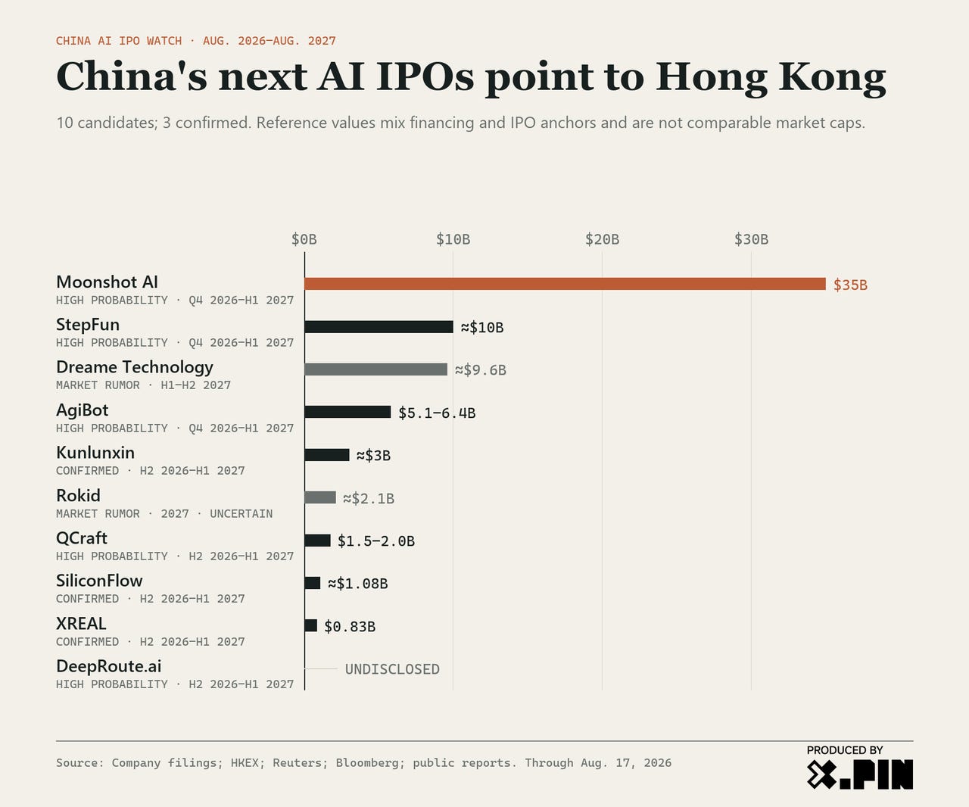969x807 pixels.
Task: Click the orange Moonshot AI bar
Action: [565, 284]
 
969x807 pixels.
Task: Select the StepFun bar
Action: [379, 327]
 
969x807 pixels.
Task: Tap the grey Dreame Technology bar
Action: [376, 369]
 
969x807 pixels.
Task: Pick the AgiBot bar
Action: [347, 412]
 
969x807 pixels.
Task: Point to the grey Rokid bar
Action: [320, 497]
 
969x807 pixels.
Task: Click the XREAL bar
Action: [311, 625]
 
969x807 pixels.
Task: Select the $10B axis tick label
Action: [453, 239]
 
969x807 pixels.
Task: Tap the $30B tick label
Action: [751, 239]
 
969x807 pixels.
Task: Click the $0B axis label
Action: [304, 239]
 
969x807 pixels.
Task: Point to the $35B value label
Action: [850, 285]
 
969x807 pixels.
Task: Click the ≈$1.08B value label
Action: [357, 584]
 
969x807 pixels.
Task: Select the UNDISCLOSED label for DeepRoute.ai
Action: [392, 669]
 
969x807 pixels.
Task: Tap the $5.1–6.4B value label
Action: [437, 413]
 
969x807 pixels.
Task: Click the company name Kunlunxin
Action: [95, 453]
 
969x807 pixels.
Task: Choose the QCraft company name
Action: [82, 538]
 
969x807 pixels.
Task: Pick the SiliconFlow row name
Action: [99, 581]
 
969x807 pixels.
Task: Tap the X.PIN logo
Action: [859, 774]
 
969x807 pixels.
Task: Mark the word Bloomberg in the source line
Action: [367, 763]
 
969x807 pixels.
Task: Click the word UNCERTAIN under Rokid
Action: [241, 514]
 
